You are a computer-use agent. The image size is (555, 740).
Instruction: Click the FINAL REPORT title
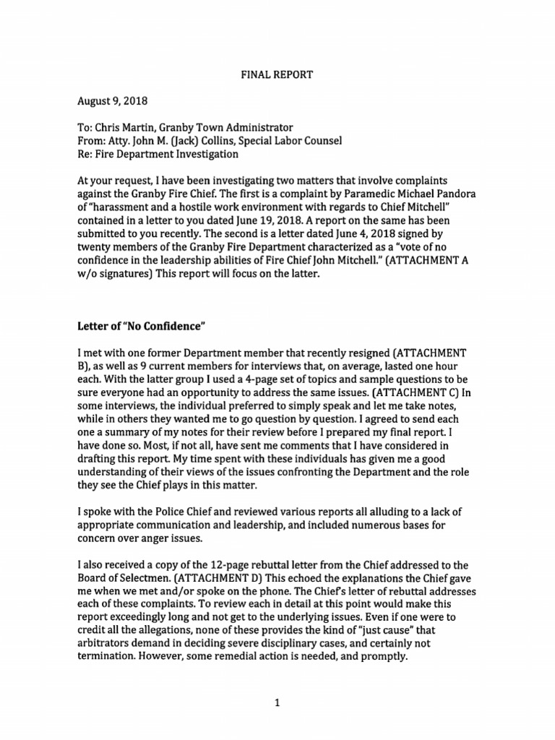point(277,74)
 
